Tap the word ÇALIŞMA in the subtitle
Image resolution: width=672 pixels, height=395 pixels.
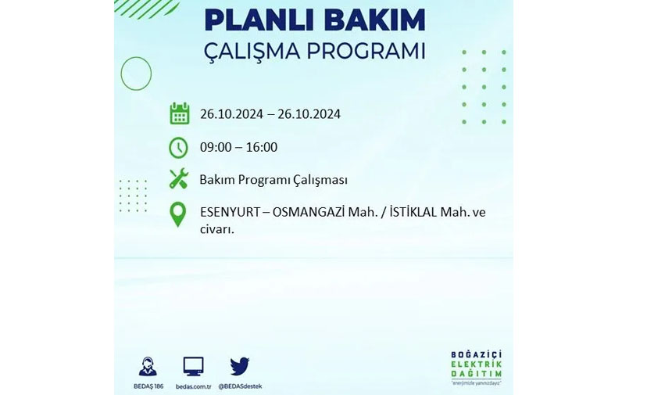(252, 51)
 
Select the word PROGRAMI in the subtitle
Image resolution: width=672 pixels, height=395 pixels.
(366, 51)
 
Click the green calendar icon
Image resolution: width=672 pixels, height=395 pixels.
(179, 113)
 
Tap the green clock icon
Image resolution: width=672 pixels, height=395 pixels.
(178, 147)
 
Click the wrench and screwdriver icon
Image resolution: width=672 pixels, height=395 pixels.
(179, 178)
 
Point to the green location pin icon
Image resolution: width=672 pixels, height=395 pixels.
(178, 214)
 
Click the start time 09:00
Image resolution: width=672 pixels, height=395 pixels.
(216, 147)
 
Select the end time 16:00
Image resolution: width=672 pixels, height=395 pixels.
(262, 147)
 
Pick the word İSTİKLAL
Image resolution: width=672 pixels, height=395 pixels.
(413, 212)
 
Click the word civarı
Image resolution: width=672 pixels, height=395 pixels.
(217, 229)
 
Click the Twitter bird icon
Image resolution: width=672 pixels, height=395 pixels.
(240, 366)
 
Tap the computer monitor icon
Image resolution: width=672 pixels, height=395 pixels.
(193, 367)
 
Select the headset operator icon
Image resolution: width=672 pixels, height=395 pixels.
(148, 367)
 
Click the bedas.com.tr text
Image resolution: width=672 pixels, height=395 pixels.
(193, 386)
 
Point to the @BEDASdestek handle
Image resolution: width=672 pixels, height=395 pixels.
(240, 386)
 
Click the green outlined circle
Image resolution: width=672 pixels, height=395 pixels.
(121, 74)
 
